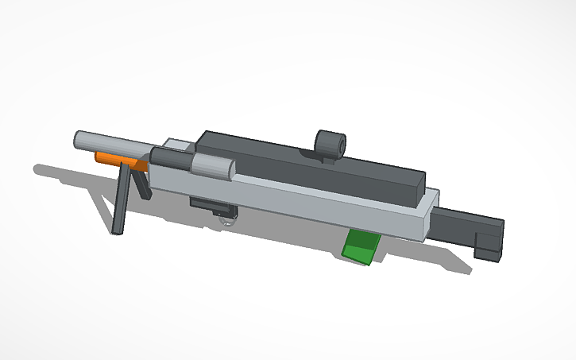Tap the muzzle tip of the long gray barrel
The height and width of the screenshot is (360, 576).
point(78,140)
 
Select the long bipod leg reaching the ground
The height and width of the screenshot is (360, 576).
point(122,199)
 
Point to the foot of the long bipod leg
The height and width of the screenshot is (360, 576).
point(117,230)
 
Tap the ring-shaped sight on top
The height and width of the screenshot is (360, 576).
point(330,144)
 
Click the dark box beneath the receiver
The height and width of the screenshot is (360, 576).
point(210,205)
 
